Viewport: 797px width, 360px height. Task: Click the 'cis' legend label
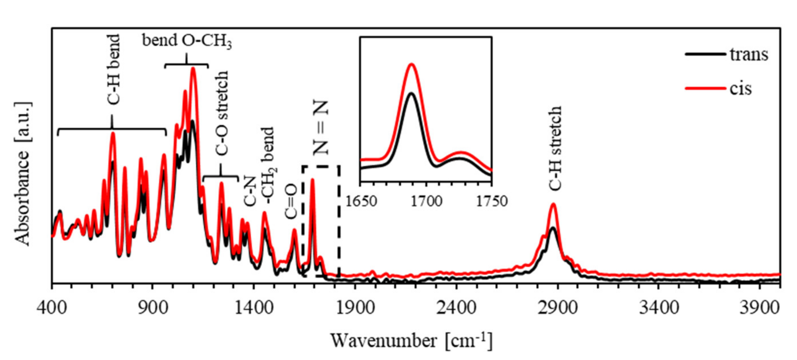coord(741,89)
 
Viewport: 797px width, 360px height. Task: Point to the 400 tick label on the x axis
coord(52,308)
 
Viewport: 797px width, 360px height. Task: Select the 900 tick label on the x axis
coord(153,308)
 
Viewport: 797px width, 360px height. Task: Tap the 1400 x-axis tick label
coord(254,308)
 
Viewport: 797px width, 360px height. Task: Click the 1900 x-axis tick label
coord(355,308)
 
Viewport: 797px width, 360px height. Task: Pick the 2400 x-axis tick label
coord(456,308)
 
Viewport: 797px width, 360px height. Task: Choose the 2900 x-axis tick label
coord(558,308)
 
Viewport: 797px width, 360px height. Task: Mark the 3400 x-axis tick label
coord(659,308)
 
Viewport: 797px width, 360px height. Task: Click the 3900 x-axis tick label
coord(759,308)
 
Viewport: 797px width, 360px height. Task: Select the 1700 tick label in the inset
coord(426,202)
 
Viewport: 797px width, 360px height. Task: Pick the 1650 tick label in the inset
coord(361,202)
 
